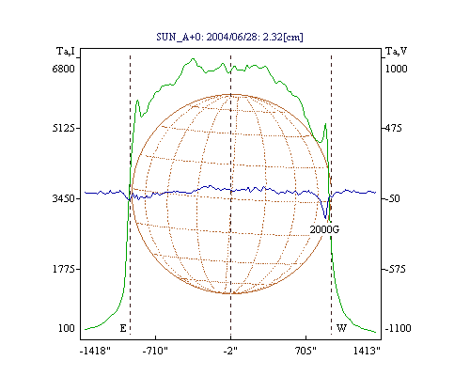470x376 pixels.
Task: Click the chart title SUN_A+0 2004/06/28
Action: pos(229,37)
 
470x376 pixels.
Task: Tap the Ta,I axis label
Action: pos(66,51)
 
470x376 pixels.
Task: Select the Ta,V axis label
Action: pos(396,51)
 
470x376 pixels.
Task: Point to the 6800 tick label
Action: pos(63,69)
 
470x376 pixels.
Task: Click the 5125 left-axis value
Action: pos(63,128)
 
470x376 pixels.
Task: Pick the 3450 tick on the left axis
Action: pos(63,198)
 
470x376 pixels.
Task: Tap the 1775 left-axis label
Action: pos(63,269)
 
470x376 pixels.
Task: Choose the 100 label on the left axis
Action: pos(67,328)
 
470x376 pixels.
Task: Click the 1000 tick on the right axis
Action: pos(396,69)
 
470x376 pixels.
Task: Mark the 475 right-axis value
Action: pos(393,128)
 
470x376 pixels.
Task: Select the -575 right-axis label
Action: pos(395,269)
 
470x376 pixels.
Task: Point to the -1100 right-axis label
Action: pos(398,328)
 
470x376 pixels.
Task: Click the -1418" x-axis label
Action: pos(95,351)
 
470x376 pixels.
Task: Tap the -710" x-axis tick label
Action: pos(155,351)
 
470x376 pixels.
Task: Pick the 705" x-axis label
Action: pos(306,351)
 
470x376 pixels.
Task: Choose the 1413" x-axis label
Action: pos(367,351)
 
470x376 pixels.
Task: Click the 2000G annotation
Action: pos(324,229)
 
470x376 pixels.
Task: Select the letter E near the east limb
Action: pos(123,328)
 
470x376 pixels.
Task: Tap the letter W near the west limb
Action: pos(341,328)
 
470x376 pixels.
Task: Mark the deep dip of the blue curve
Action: pos(325,217)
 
